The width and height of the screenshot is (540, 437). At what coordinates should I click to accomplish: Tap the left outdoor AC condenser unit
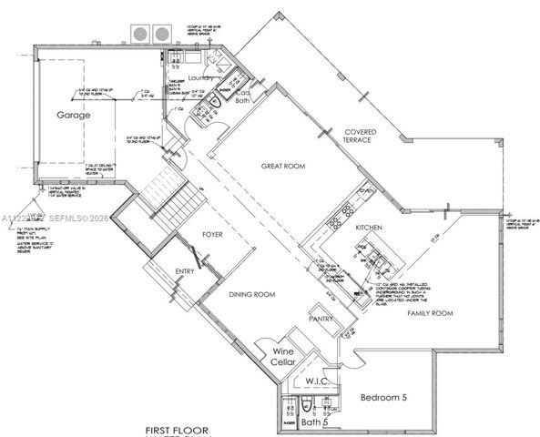pyautogui.click(x=141, y=34)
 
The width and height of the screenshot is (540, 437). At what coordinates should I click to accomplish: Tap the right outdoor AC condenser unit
pyautogui.click(x=161, y=34)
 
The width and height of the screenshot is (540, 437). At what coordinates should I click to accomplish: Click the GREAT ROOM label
pyautogui.click(x=282, y=167)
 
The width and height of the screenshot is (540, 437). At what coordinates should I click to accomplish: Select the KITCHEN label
pyautogui.click(x=369, y=227)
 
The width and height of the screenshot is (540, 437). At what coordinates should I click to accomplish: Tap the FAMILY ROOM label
pyautogui.click(x=429, y=312)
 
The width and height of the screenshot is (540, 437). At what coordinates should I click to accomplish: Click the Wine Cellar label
pyautogui.click(x=283, y=357)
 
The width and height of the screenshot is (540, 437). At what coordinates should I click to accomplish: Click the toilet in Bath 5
pyautogui.click(x=308, y=405)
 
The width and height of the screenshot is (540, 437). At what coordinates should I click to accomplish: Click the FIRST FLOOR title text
pyautogui.click(x=178, y=428)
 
